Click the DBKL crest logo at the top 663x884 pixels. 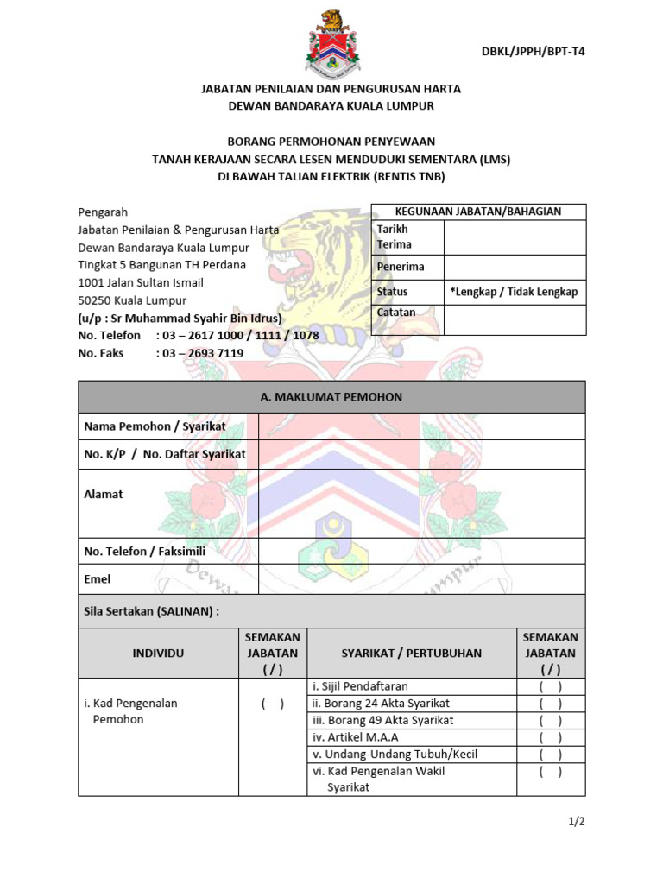point(331,41)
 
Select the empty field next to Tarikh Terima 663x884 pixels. point(515,237)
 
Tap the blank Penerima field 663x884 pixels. point(515,267)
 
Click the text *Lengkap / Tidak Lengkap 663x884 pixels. point(513,292)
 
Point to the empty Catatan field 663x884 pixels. point(515,319)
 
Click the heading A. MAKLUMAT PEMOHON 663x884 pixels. point(331,397)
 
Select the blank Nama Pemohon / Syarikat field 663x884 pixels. point(421,426)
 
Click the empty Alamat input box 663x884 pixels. point(421,502)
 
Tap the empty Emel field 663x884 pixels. point(421,578)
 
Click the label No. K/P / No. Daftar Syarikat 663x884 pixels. point(165,454)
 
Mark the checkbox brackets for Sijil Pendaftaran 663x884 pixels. point(550,687)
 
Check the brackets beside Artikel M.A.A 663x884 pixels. point(550,737)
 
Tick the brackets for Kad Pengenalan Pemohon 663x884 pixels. point(273,704)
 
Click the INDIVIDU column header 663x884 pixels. point(158,654)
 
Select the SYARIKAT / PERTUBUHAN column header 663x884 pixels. point(411,654)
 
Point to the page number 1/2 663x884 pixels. point(577,822)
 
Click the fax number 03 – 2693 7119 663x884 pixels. point(199,353)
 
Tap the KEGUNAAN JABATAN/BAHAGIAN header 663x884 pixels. point(477,212)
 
